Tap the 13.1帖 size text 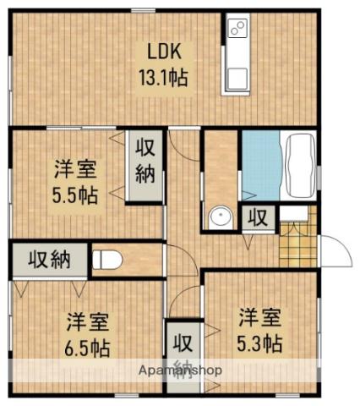(161, 74)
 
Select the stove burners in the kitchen (237, 30)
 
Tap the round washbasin (222, 217)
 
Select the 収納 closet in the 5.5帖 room (145, 167)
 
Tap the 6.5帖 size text (88, 347)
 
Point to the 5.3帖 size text (259, 343)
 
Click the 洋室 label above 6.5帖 (88, 322)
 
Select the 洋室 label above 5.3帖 (259, 319)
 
